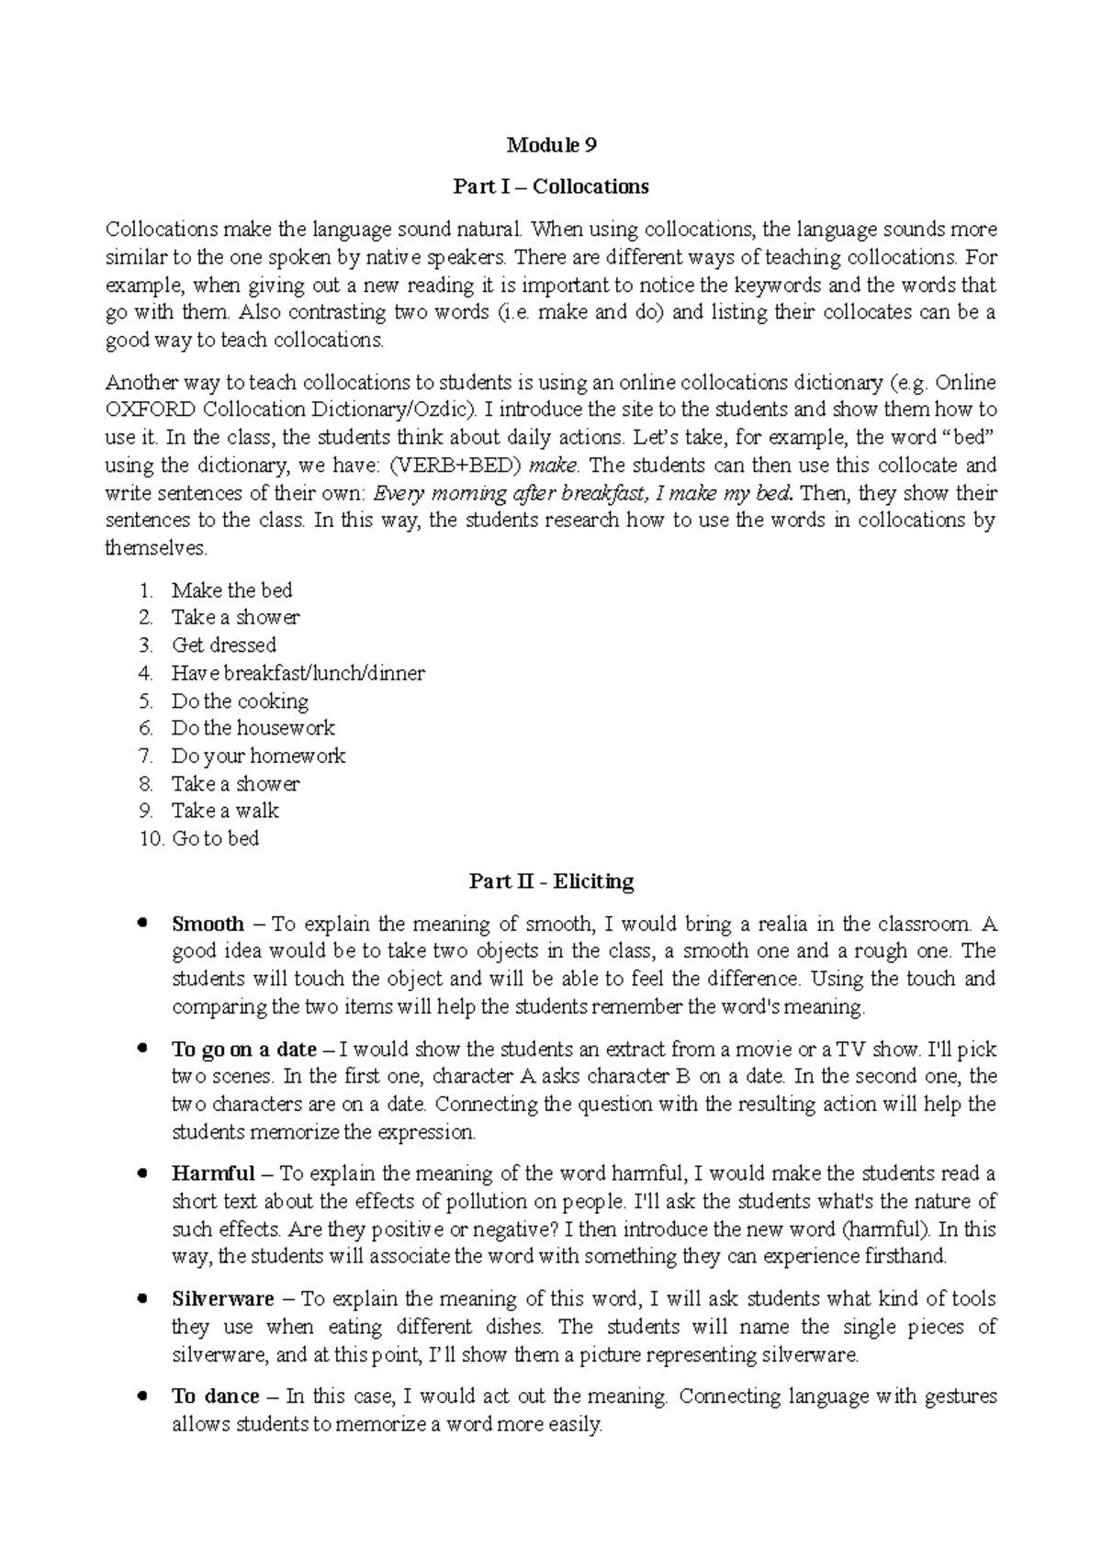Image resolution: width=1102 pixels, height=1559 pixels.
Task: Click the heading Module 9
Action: (551, 145)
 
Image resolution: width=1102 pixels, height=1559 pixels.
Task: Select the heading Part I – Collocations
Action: (551, 186)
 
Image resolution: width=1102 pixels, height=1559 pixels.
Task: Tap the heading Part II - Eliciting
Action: (551, 881)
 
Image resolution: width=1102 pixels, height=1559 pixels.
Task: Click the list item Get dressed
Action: (224, 645)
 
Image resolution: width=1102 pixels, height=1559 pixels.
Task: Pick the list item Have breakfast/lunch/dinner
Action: (298, 673)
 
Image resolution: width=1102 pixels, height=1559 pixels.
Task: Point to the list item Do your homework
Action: (258, 756)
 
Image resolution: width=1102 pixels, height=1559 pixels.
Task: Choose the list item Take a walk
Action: (225, 811)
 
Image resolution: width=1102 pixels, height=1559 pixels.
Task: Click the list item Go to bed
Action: (215, 838)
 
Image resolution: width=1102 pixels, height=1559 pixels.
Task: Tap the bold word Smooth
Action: (208, 924)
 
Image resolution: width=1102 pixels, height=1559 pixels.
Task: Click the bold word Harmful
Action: (213, 1173)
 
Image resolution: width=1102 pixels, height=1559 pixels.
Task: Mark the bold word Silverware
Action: (223, 1299)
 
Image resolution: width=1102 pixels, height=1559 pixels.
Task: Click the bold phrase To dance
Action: (216, 1396)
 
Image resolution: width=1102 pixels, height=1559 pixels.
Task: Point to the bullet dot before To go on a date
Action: (141, 1048)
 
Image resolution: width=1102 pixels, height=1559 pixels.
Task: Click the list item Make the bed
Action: (231, 590)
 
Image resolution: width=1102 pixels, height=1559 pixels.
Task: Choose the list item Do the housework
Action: (253, 728)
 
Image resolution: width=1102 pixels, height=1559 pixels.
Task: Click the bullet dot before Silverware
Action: (141, 1298)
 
